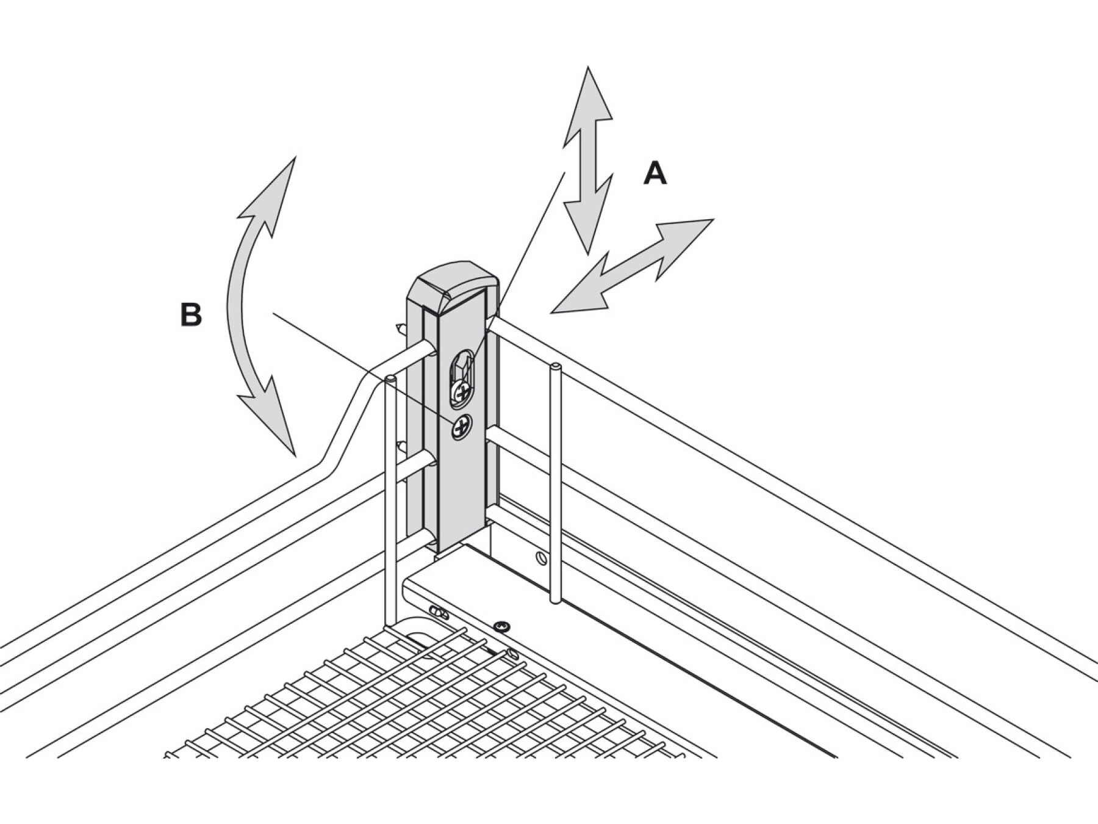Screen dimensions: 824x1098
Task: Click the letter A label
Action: coord(655,174)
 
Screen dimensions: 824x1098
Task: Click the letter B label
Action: coord(191,316)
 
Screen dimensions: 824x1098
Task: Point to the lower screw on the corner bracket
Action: coord(462,427)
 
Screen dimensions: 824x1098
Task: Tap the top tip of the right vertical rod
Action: coord(555,367)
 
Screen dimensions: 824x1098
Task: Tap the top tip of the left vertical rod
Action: coord(390,381)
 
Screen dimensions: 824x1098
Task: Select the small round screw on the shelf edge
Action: coord(502,625)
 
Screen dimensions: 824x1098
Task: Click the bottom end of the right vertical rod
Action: coord(554,598)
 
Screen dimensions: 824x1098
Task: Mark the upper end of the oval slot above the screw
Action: coord(462,357)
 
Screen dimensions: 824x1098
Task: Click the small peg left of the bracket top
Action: coord(401,330)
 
